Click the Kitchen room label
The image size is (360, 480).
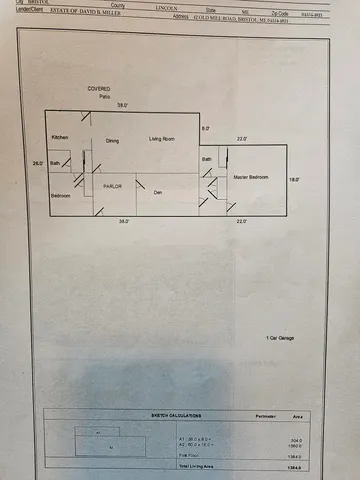click(x=61, y=136)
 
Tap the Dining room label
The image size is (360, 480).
click(x=112, y=141)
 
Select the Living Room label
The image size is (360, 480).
click(x=162, y=138)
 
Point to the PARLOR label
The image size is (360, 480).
click(x=113, y=186)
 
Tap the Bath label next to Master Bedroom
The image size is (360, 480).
click(x=207, y=159)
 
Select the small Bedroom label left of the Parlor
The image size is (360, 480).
click(x=62, y=195)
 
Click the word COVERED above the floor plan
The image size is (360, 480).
click(x=98, y=88)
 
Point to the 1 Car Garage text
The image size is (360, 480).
click(x=281, y=340)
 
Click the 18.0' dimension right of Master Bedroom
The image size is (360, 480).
click(x=294, y=179)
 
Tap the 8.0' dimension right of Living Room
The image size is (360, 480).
click(x=206, y=129)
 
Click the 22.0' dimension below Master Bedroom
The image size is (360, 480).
click(x=241, y=221)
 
